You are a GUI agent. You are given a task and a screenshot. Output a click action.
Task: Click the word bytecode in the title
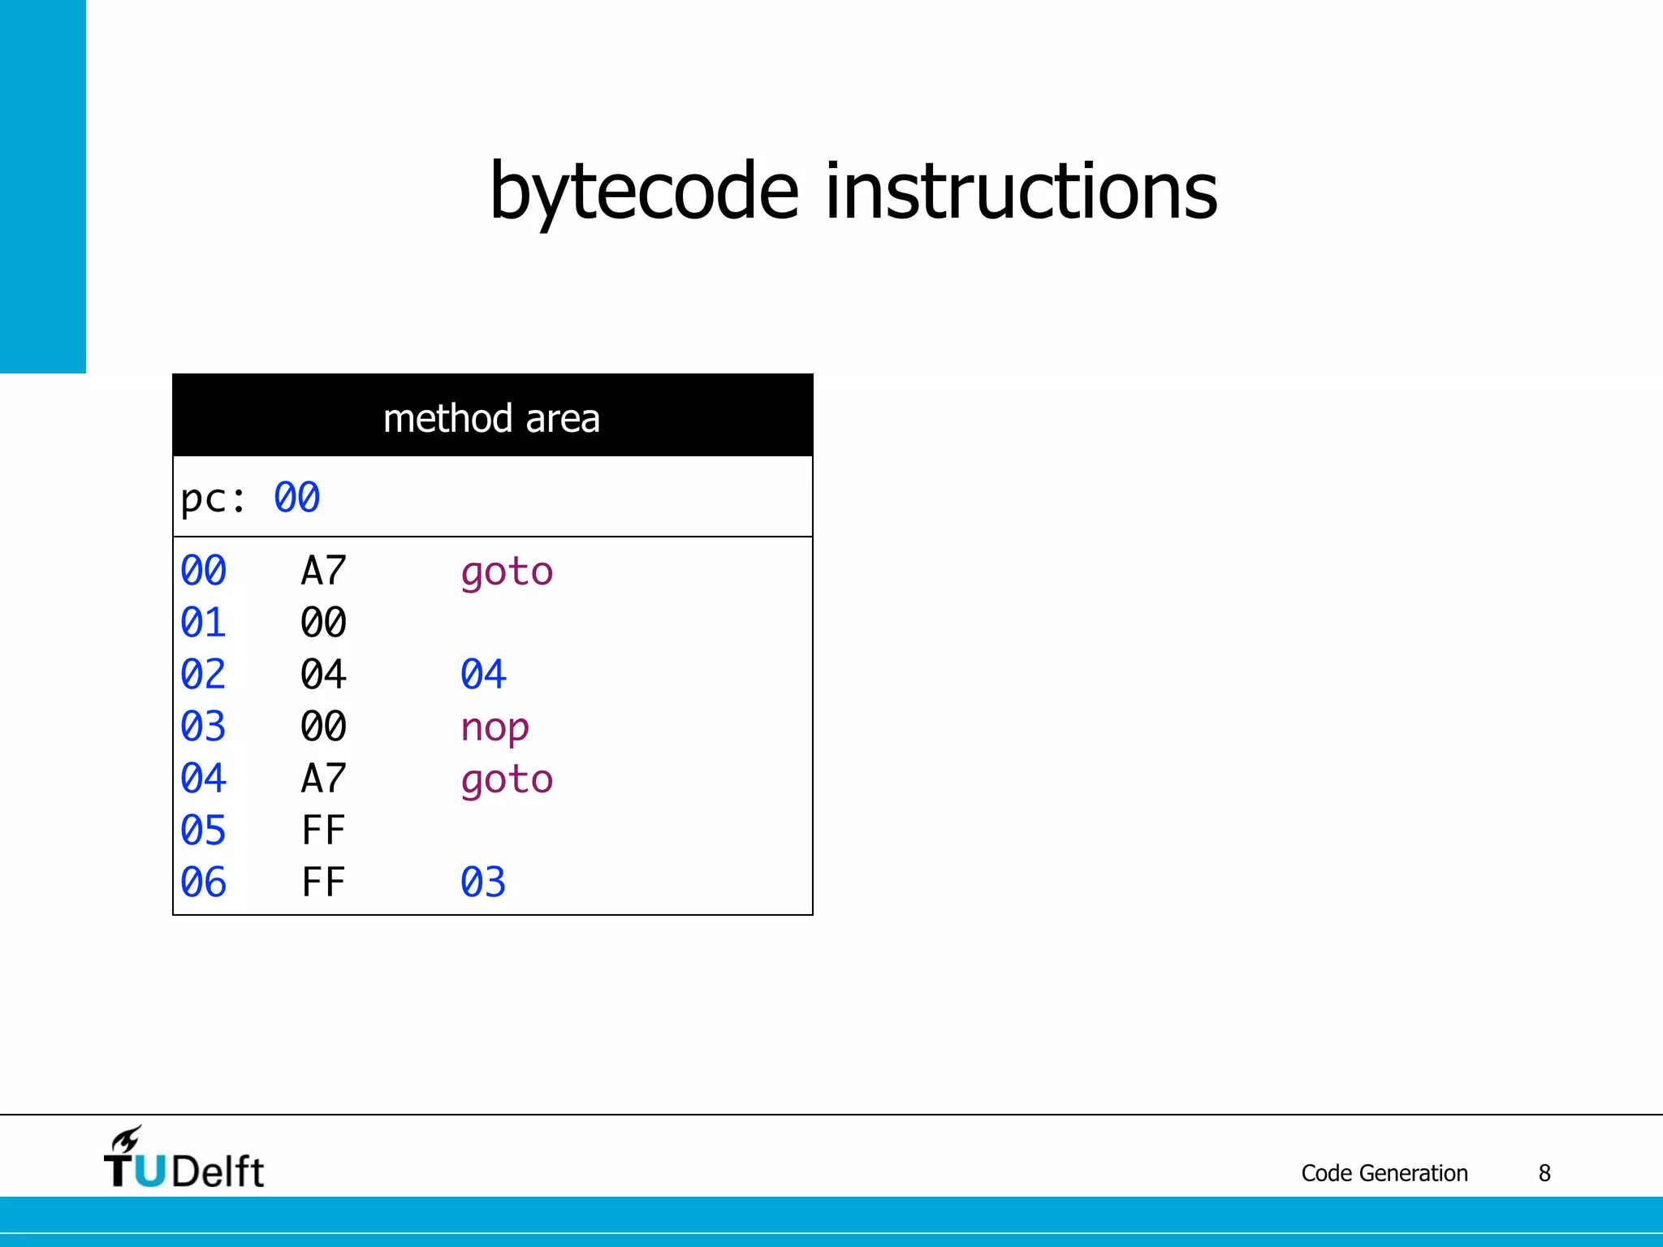(644, 192)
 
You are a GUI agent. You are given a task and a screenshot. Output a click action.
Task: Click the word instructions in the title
(1021, 192)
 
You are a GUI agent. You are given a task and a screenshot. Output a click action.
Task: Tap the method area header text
(491, 419)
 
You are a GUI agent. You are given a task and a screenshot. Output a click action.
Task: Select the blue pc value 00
(296, 498)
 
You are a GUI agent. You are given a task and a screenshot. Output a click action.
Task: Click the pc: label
(213, 498)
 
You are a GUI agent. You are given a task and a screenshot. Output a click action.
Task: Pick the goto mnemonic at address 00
(507, 572)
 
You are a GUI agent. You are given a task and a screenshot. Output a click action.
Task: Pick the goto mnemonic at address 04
(507, 780)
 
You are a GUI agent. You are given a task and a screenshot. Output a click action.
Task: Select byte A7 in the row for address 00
(323, 571)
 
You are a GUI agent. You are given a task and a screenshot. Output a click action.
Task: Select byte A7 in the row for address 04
(323, 779)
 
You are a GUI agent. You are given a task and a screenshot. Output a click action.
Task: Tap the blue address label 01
(203, 623)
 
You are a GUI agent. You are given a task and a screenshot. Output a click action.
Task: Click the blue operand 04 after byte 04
(483, 675)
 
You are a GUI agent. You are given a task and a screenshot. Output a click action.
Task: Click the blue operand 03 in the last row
(483, 882)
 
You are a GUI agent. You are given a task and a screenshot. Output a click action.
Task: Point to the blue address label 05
(203, 831)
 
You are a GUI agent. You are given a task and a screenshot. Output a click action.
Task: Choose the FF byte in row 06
(323, 882)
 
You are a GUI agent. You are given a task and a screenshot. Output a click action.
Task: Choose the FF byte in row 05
(323, 831)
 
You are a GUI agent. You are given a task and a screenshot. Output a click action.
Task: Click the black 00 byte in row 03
(323, 727)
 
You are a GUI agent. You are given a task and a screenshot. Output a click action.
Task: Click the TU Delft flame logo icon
(127, 1140)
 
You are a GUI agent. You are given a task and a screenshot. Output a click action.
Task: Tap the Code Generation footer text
(1384, 1173)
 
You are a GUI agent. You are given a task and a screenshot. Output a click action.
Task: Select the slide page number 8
(1544, 1173)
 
